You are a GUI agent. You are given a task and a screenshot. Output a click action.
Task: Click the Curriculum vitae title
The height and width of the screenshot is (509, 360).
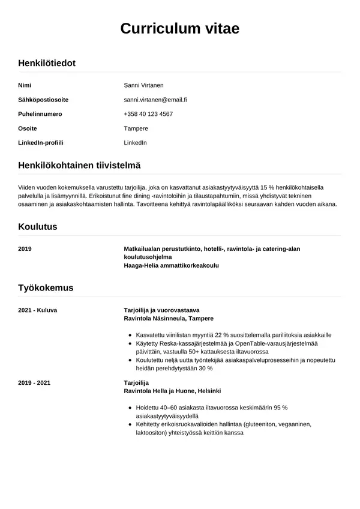click(179, 28)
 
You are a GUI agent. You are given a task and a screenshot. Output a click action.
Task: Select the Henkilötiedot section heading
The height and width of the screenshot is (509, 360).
click(47, 62)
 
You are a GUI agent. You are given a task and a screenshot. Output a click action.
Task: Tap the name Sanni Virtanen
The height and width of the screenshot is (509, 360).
click(143, 85)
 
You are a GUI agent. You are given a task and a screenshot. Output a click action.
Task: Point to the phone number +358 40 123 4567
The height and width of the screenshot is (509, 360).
click(148, 114)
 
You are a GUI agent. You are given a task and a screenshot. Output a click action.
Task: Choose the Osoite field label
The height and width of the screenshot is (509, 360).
click(28, 128)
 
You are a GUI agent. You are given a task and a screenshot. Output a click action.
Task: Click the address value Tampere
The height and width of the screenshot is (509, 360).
click(136, 128)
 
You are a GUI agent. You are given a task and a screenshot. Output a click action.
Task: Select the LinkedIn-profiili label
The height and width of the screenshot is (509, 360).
click(41, 143)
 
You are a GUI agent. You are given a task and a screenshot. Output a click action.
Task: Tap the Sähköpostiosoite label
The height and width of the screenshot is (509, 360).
click(43, 100)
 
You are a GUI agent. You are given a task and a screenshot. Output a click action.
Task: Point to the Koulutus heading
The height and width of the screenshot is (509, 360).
click(38, 227)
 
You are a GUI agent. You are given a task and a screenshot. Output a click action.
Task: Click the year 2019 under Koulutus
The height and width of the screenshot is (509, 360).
click(25, 248)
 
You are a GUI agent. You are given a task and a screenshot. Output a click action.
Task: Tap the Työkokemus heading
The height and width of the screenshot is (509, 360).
click(46, 288)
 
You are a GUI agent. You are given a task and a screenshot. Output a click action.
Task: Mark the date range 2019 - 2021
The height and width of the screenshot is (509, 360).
click(34, 382)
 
